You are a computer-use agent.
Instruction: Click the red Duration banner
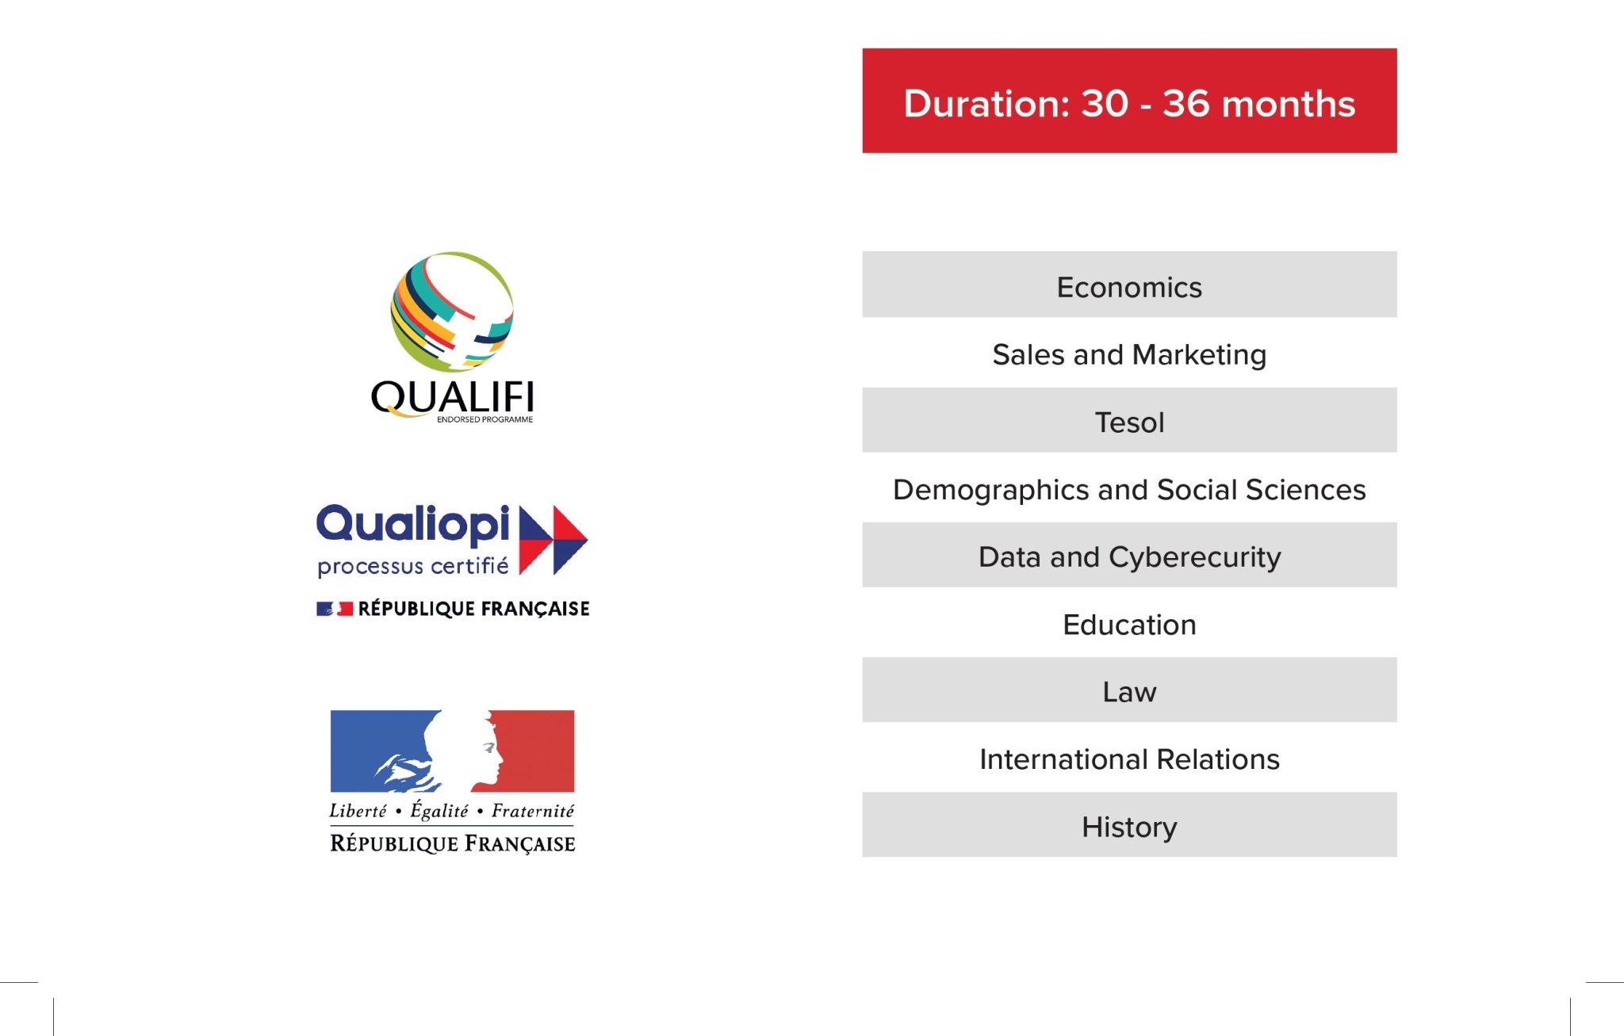[1129, 101]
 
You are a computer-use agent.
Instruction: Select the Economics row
[1129, 285]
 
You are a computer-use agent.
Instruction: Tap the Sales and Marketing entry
[1129, 354]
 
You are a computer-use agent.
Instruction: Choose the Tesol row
[1129, 420]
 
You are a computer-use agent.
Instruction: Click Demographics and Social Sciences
[1129, 490]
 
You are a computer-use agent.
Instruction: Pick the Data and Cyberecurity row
[1129, 555]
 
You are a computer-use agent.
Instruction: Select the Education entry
[1129, 625]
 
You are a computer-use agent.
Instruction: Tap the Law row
[1129, 690]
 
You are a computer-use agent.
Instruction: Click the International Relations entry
[1129, 759]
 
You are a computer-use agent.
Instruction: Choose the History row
[1129, 824]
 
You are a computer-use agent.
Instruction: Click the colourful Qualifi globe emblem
[452, 312]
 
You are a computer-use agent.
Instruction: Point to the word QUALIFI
[453, 397]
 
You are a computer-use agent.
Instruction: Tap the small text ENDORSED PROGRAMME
[485, 419]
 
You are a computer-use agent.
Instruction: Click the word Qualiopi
[413, 524]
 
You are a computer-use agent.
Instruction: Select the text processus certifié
[413, 566]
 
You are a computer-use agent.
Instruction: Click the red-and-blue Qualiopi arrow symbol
[553, 540]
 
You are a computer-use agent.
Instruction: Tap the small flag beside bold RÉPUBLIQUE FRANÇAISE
[335, 609]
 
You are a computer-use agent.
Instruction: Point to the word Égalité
[439, 810]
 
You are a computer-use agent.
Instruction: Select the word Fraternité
[533, 810]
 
